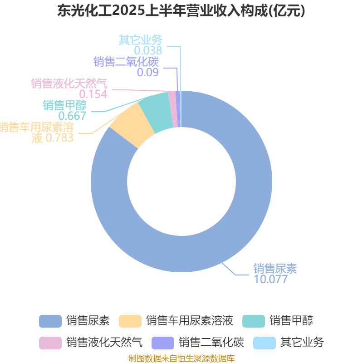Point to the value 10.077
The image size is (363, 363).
click(270, 279)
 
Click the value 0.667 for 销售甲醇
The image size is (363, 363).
click(72, 116)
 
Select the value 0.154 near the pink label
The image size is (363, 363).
click(93, 94)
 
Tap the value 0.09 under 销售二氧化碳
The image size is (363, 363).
click(147, 72)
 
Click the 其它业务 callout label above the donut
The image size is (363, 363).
click(141, 40)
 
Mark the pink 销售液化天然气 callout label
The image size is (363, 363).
click(69, 83)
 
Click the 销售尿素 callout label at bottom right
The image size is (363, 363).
click(275, 269)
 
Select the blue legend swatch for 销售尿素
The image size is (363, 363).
click(50, 321)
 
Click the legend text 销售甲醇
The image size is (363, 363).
click(291, 321)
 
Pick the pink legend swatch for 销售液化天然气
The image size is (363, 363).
click(50, 342)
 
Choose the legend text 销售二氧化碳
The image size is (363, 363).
click(211, 342)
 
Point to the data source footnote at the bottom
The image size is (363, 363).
click(181, 358)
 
